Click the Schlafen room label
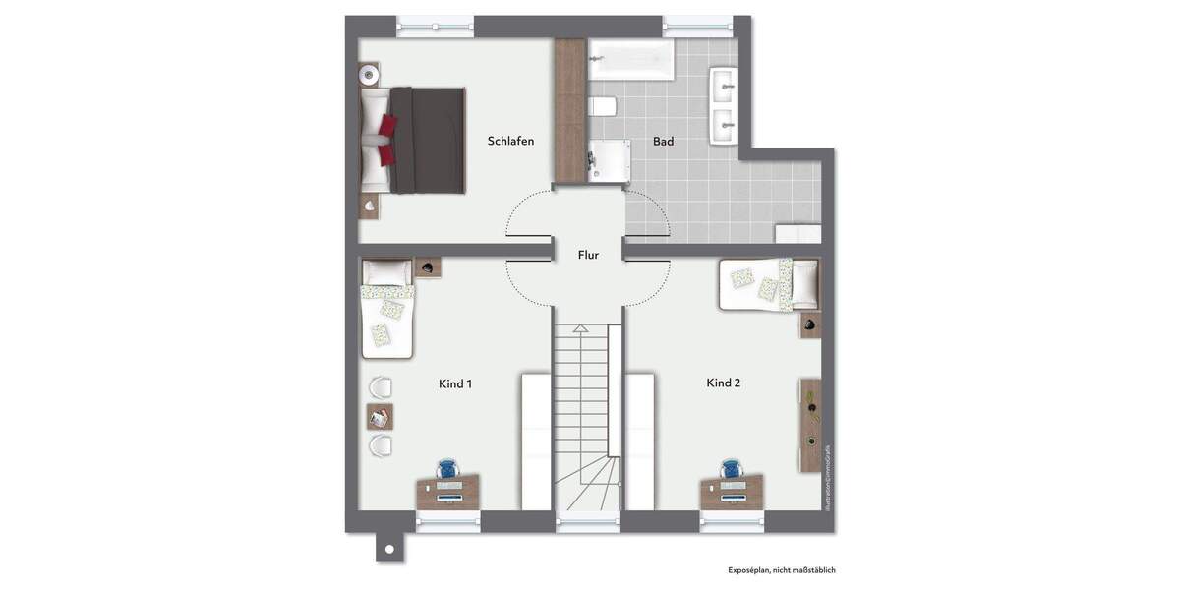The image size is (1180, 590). pos(510,141)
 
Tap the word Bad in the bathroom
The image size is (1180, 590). pos(664,142)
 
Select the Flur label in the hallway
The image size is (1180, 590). pos(588,255)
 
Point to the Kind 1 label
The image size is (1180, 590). pos(455,383)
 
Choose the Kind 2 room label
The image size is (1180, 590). pos(723,383)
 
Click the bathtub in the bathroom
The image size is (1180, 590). pos(630,60)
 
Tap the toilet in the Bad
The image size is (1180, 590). pos(602,106)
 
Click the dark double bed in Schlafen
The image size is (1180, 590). pos(417,140)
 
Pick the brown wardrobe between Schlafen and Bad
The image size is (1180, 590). pos(570,110)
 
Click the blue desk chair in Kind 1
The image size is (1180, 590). pos(447,469)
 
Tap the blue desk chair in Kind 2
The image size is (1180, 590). pos(731,469)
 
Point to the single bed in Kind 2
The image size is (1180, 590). pos(769,284)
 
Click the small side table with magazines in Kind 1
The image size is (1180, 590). pos(380,417)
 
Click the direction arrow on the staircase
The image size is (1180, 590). pos(581,332)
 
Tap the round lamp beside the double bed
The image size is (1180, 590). pos(369,73)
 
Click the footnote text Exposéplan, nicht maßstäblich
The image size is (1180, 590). pos(782,569)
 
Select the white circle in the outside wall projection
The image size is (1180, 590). pos(389,549)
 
